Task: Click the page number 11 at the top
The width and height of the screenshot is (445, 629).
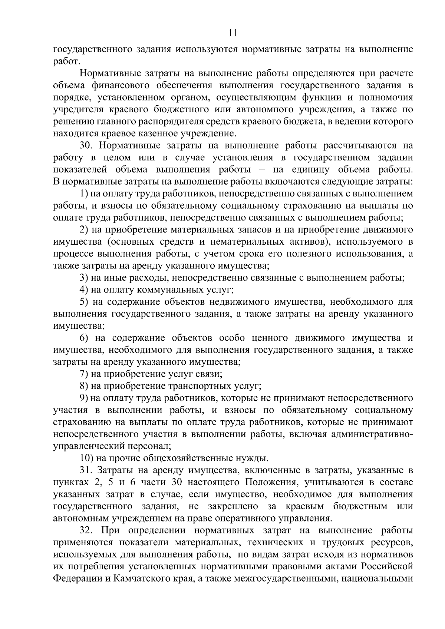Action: click(x=233, y=33)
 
